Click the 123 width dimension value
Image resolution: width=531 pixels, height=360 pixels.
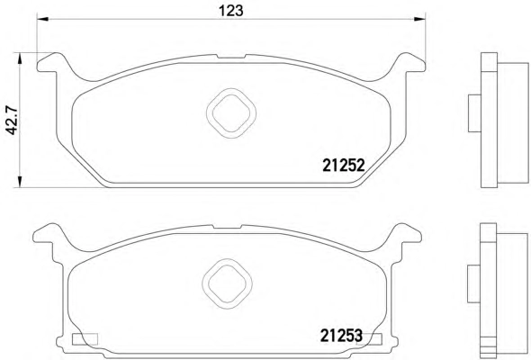231,11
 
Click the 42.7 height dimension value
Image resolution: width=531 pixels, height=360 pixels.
13,121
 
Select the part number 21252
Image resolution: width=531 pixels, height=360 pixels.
344,166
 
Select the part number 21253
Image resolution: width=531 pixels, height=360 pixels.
341,336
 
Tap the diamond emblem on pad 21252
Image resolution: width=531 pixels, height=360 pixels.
231,113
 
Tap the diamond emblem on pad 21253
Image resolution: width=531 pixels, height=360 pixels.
227,283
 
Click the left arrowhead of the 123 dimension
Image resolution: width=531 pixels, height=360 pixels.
42,19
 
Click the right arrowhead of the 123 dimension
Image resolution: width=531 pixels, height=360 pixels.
419,19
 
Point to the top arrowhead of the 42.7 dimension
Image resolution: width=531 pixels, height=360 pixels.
20,58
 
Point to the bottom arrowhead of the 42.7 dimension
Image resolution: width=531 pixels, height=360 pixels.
20,182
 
